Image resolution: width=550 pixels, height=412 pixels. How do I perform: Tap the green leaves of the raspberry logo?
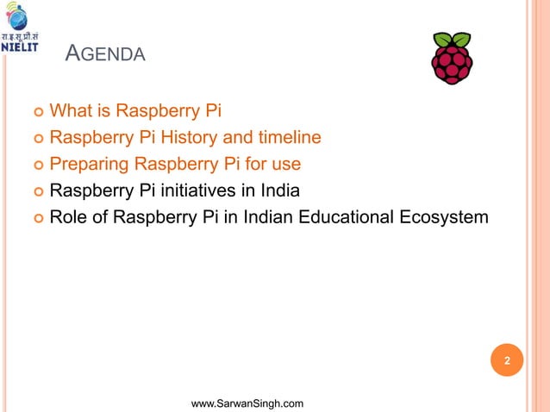[451, 40]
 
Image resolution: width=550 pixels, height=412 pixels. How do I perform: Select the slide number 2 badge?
[508, 361]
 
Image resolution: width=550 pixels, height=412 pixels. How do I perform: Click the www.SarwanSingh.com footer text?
[247, 403]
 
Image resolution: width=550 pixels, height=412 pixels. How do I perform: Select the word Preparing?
[87, 164]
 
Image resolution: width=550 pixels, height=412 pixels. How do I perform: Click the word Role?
[70, 217]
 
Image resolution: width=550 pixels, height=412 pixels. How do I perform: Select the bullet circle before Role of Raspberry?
[36, 219]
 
